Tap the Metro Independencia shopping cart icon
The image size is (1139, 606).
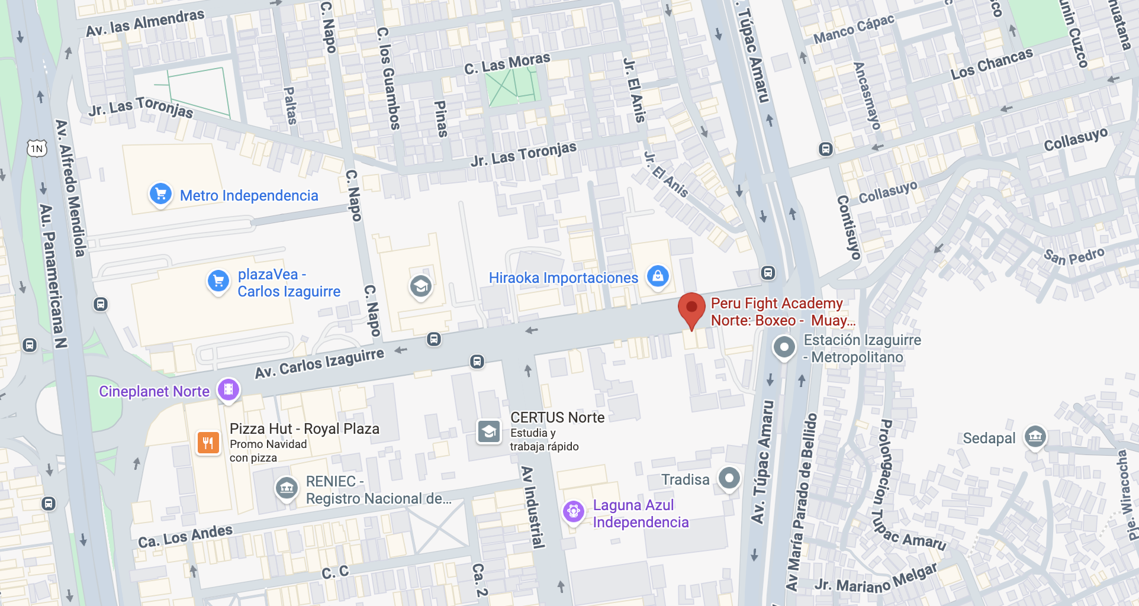160,194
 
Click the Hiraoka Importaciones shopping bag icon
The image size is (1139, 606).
658,275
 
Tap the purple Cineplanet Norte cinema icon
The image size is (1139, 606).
229,389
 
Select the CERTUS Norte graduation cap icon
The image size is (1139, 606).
489,431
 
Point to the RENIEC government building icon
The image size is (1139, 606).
287,488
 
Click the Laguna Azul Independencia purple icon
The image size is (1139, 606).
573,511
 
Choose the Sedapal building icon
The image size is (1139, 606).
1035,437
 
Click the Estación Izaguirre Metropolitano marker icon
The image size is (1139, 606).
784,347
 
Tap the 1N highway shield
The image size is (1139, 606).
37,149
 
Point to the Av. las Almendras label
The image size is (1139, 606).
145,23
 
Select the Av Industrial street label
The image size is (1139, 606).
533,507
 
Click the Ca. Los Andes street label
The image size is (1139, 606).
185,536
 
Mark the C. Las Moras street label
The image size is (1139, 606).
507,63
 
